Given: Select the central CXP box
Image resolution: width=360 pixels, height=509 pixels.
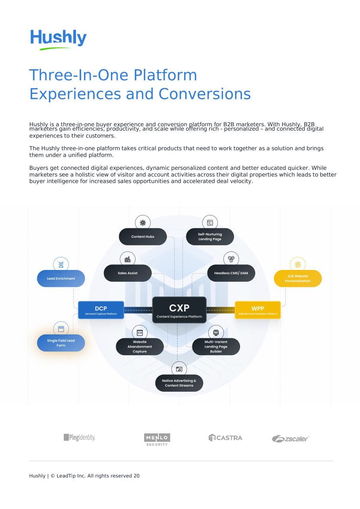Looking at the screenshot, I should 179,310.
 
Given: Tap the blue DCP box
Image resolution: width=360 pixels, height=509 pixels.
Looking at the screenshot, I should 101,310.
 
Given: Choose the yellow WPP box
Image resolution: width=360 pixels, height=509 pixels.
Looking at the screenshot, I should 258,310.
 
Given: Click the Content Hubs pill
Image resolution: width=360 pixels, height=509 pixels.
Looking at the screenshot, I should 143,237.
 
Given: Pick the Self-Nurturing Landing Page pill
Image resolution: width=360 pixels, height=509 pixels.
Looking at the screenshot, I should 210,237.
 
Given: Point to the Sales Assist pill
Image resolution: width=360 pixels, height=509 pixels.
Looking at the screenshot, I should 128,273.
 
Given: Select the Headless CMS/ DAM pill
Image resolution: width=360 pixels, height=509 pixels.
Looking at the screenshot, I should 231,273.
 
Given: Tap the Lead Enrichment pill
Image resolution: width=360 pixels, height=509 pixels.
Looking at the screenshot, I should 61,279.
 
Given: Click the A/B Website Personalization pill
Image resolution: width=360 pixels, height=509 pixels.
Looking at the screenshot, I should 298,279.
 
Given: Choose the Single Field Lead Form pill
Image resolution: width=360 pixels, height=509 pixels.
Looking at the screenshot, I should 61,343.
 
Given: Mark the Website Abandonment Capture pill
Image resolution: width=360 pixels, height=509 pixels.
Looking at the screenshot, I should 140,347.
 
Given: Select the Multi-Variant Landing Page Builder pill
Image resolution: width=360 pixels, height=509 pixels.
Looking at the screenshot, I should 216,347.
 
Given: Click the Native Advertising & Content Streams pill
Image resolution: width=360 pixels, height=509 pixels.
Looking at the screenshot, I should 179,383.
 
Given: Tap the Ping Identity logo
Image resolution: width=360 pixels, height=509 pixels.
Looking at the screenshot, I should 79,437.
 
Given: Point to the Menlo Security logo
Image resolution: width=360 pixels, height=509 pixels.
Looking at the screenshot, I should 157,439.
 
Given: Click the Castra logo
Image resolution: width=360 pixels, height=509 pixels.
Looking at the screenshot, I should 225,438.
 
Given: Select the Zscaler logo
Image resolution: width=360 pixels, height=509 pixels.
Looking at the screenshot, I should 290,439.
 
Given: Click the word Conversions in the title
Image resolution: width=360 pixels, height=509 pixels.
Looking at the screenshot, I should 204,94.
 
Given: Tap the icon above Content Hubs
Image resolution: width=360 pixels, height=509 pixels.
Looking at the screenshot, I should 143,223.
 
